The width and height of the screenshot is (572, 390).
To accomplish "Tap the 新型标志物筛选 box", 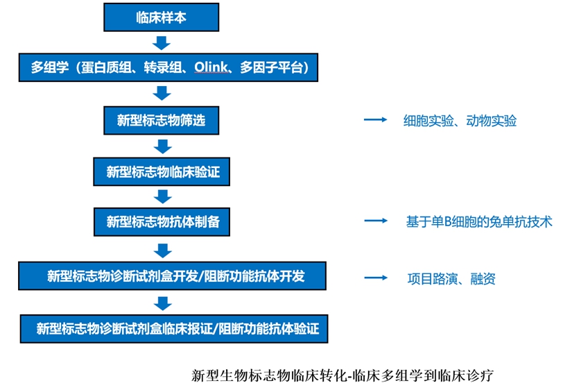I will tap(162, 120).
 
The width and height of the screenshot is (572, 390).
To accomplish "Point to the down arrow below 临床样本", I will tap(162, 43).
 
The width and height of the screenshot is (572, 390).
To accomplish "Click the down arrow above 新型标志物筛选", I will tap(162, 94).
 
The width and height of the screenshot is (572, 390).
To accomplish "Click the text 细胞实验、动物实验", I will tap(460, 121).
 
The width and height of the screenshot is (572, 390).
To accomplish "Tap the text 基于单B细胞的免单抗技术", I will tap(479, 222).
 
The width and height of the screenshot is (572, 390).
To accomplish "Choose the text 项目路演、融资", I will tap(451, 278).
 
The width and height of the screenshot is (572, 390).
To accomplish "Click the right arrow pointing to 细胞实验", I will tap(375, 120).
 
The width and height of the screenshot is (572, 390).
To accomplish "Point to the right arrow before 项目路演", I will tap(375, 278).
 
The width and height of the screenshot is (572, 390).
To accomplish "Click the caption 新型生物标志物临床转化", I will tap(270, 375).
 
